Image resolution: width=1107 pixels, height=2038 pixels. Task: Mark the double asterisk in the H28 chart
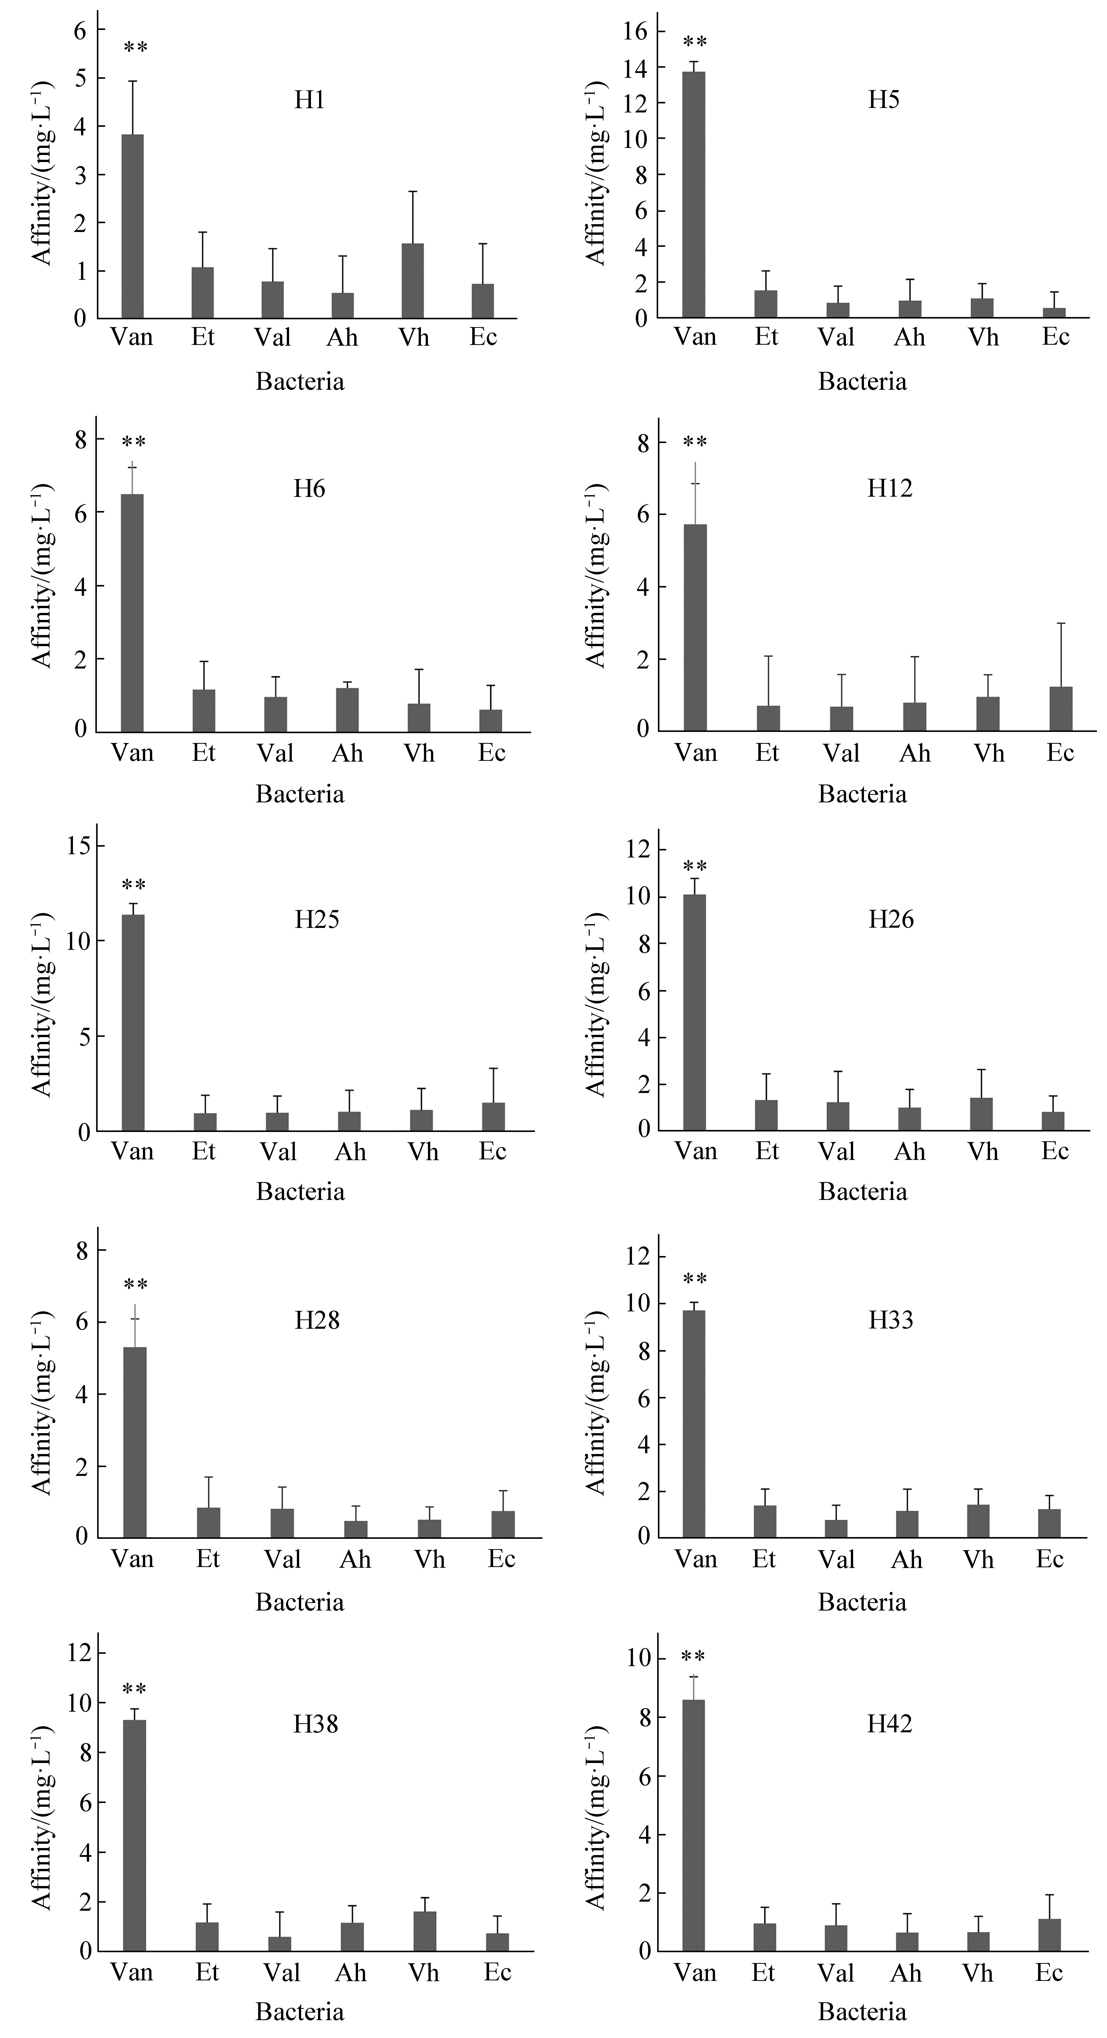(135, 1285)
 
